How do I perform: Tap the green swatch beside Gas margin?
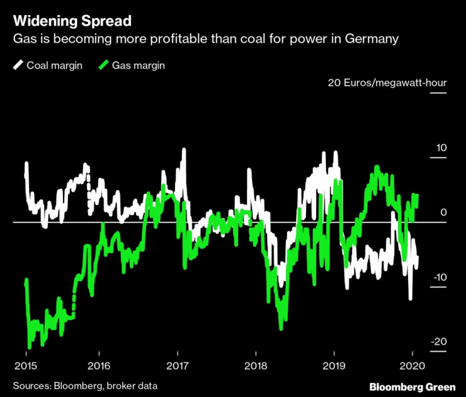click(x=103, y=65)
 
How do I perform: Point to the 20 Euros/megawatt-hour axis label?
click(x=387, y=83)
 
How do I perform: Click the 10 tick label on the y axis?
click(x=440, y=148)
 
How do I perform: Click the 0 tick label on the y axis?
click(x=443, y=213)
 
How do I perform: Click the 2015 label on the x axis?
click(x=26, y=366)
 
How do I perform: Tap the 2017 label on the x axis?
click(x=178, y=366)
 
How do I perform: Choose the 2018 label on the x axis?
click(x=255, y=366)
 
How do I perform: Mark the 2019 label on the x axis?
click(x=333, y=366)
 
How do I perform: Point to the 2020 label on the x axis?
click(x=411, y=366)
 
